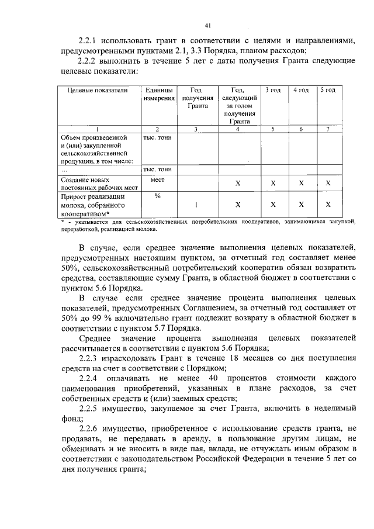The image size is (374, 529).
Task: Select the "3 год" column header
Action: coord(273,90)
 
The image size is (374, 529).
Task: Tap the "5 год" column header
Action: coord(328,90)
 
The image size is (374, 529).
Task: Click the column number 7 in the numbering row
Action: coord(328,129)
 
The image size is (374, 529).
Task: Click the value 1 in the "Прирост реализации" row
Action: coord(196,205)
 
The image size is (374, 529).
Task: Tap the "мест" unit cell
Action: coord(157,181)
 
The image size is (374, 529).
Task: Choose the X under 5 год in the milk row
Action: coord(328,205)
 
